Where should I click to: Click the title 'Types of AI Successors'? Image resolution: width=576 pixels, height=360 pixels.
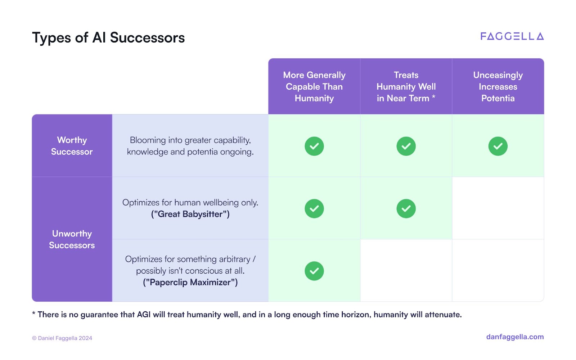pos(108,37)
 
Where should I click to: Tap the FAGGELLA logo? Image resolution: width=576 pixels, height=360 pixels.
pos(512,36)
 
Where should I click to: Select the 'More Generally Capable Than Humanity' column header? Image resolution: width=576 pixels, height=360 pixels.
pos(314,86)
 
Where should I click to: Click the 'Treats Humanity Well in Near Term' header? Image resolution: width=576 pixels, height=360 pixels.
pos(406,86)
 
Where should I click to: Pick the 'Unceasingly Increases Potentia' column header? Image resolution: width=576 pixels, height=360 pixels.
pos(498,86)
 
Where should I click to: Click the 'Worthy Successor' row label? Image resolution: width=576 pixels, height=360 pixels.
pos(72,145)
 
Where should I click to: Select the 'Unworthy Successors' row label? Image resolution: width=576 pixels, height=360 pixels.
pos(72,239)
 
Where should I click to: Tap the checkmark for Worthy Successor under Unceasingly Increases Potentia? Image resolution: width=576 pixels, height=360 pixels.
pos(498,146)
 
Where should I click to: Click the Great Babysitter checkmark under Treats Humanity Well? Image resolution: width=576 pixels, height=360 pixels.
pos(406,208)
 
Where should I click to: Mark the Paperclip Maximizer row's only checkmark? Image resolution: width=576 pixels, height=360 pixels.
pos(314,271)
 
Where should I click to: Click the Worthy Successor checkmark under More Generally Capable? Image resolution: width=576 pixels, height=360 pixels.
pos(314,146)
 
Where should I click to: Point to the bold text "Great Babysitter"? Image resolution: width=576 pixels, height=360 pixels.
pos(190,214)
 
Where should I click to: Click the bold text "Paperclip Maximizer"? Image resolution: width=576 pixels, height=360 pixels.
pos(190,282)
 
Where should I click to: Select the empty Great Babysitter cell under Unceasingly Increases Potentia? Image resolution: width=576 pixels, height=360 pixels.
pos(498,208)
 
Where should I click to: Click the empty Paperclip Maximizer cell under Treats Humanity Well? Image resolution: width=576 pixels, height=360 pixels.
pos(406,270)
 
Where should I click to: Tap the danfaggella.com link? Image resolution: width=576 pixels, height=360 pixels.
pos(515,337)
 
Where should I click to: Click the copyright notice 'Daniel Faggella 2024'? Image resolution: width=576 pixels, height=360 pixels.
pos(62,338)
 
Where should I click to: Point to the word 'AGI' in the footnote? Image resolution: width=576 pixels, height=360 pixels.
pos(144,315)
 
